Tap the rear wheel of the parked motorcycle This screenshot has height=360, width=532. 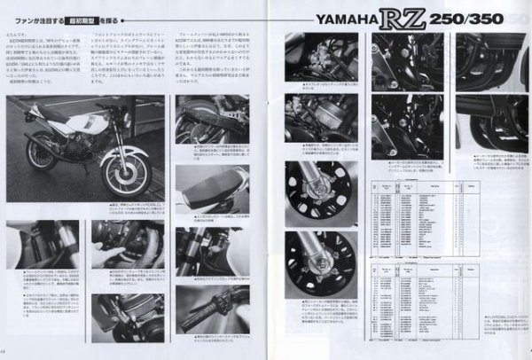coord(42,153)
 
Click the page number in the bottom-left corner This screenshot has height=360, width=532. coord(5,354)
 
